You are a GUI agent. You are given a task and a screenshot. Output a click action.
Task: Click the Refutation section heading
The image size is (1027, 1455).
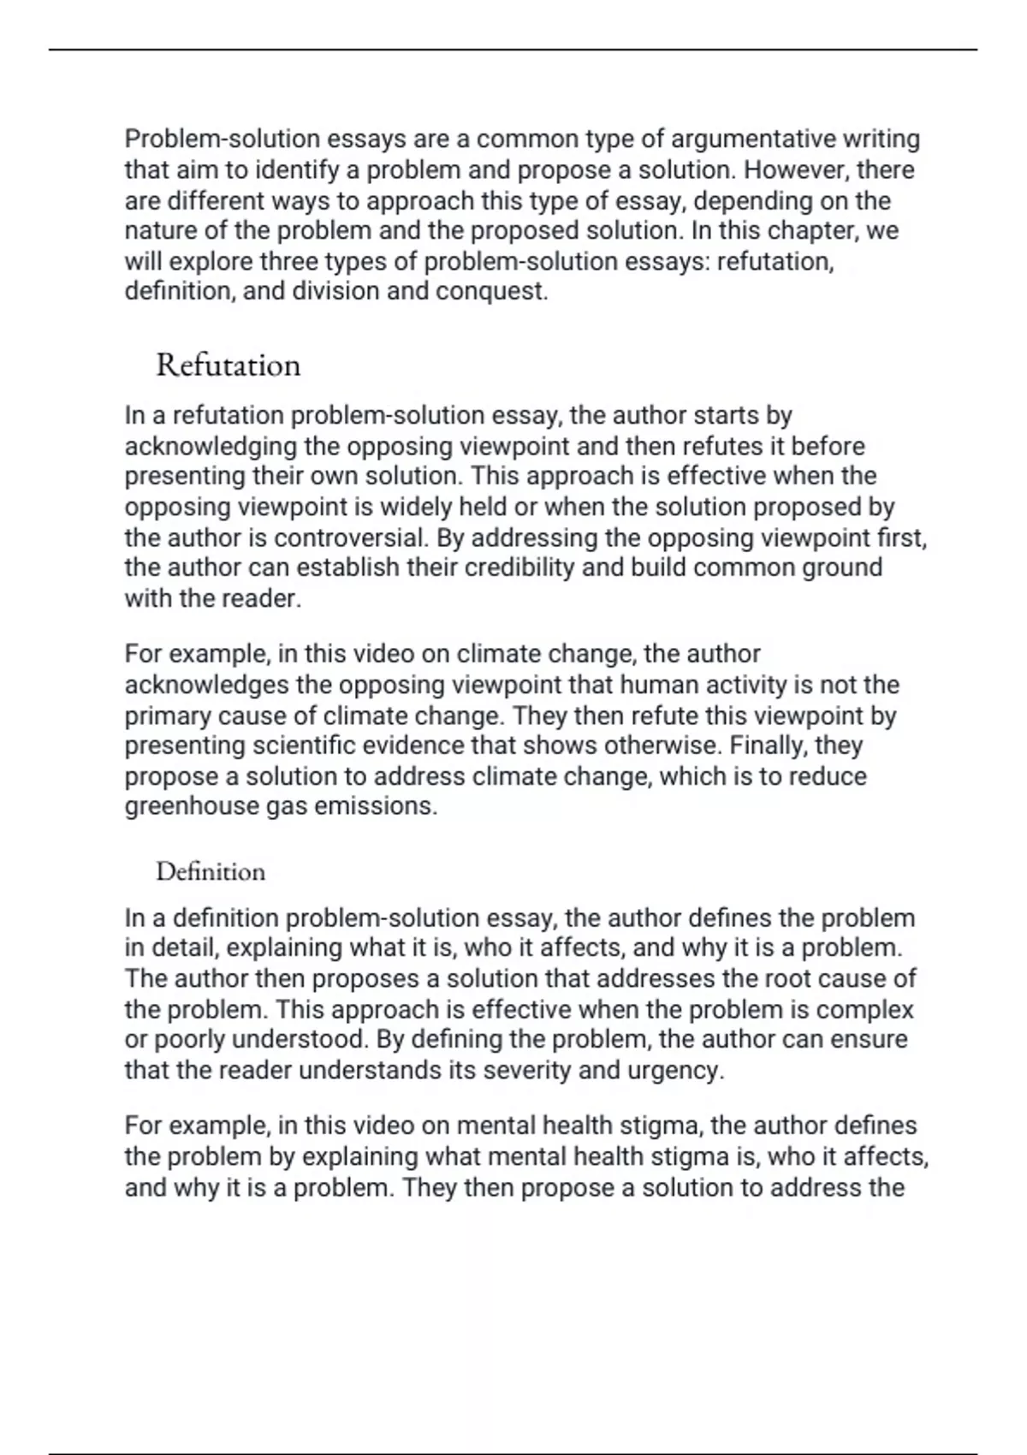pos(228,365)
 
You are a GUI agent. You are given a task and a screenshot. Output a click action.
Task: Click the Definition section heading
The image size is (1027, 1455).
pos(211,872)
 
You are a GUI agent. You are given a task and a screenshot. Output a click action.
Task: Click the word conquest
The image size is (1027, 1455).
pos(491,291)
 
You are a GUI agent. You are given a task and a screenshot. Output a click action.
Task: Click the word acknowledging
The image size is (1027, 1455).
pos(211,446)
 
